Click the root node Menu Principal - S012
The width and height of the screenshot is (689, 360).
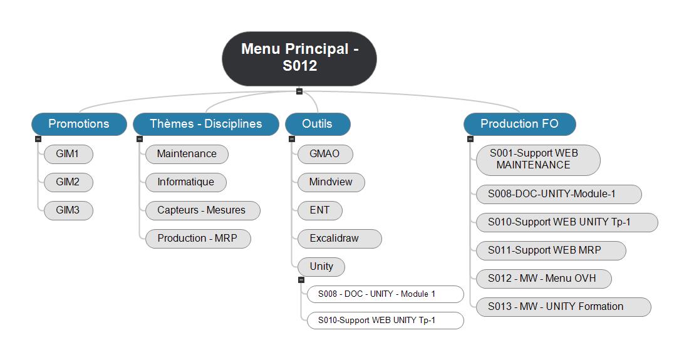299,58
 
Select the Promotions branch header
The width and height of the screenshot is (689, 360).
79,124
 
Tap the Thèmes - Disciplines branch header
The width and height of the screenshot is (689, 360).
205,124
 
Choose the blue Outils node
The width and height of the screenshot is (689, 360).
318,124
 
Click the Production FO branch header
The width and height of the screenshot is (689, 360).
519,124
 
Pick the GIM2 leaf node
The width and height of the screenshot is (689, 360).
68,182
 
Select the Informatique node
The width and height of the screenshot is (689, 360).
186,182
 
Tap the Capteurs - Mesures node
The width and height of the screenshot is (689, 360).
202,210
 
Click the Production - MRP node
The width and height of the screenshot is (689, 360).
198,239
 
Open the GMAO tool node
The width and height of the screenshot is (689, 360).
325,154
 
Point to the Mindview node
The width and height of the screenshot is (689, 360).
331,182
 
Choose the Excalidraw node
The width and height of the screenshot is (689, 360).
339,239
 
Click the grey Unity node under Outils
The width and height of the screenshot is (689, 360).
321,267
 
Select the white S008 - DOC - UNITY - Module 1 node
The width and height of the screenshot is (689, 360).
385,294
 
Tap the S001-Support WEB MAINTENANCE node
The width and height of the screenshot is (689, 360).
538,160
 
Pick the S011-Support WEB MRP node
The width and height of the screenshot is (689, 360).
551,250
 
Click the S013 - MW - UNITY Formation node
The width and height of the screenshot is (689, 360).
563,307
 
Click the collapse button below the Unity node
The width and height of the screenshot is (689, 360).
301,280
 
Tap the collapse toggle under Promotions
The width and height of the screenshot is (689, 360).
38,139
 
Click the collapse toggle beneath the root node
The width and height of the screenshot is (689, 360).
299,91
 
